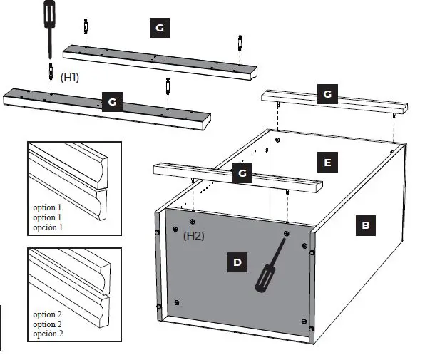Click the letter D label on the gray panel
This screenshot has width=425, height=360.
point(237,262)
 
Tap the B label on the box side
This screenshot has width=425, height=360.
point(364,225)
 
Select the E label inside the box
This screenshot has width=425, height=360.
point(327,163)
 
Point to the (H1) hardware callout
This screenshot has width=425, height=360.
point(70,76)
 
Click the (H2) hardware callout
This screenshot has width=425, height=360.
point(194,235)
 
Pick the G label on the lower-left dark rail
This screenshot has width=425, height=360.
point(112,103)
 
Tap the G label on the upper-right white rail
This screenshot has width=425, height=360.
point(327,93)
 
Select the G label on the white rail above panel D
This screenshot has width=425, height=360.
point(242,173)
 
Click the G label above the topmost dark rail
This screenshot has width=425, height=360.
point(159,28)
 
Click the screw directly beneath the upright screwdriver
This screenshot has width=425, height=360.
point(51,71)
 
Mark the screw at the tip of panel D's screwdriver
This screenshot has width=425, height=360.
point(286,233)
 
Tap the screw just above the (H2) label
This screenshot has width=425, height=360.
point(194,211)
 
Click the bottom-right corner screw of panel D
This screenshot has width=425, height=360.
point(311,329)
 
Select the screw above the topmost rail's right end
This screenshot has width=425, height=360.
point(240,42)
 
